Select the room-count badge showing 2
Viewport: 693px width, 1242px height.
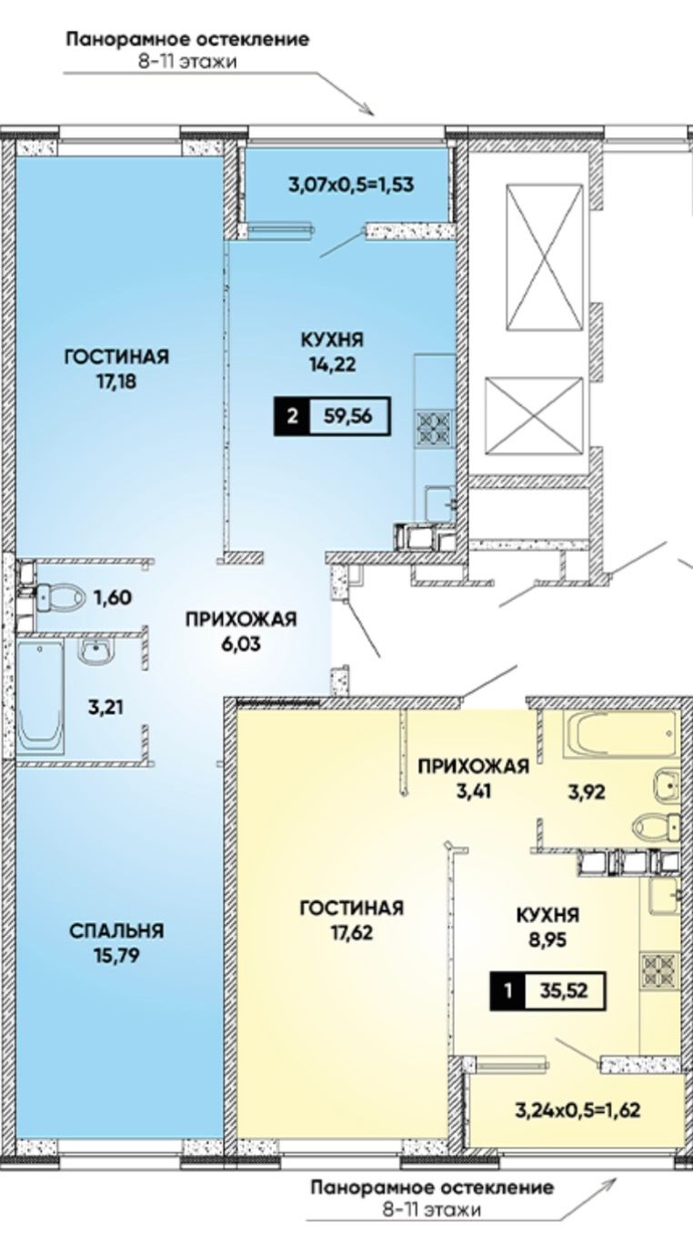(292, 416)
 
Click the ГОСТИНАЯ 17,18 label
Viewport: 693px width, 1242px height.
(116, 369)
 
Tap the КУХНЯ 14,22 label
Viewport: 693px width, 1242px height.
(332, 352)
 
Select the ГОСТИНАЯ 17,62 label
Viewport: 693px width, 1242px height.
(352, 919)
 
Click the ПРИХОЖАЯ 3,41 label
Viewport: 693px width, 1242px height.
(473, 778)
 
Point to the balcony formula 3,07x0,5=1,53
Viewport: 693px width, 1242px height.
(351, 184)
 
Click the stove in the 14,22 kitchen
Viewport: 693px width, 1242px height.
(434, 428)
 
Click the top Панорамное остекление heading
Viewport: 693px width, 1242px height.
(187, 40)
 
